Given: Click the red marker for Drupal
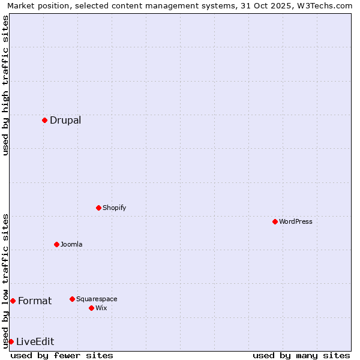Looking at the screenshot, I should [44, 120].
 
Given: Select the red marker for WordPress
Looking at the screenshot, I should [275, 221].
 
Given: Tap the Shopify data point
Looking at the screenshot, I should [98, 208].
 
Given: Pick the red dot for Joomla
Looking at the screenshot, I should [56, 244].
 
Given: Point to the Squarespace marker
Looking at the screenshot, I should [72, 299].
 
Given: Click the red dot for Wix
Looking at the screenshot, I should [91, 308].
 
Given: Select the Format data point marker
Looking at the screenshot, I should [13, 301].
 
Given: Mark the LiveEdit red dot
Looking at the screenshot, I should [11, 341].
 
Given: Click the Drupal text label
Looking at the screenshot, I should [65, 120].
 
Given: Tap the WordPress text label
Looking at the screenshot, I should [296, 221].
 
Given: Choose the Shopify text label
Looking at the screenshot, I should [115, 208].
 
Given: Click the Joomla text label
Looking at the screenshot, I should [71, 244].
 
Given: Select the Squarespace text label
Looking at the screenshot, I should [97, 299].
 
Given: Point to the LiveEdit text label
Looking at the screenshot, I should [35, 341].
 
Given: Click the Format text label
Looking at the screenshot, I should [35, 301].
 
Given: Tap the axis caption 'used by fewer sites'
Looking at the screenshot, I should [62, 355].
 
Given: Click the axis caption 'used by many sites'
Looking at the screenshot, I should [301, 355].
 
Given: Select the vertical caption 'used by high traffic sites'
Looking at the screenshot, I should [5, 85].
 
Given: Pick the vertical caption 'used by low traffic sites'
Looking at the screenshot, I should [5, 281].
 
